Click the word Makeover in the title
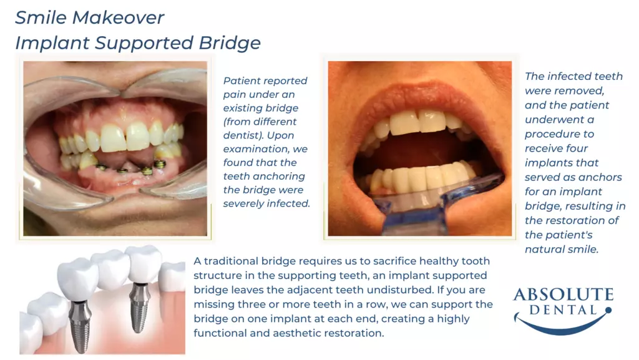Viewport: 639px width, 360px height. pos(118,17)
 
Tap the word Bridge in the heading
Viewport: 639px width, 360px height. pos(230,43)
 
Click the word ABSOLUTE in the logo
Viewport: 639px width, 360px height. pos(563,294)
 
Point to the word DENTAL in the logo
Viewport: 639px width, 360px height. pos(563,310)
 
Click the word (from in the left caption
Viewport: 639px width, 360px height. pos(238,122)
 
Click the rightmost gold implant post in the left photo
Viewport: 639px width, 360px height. pos(160,165)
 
